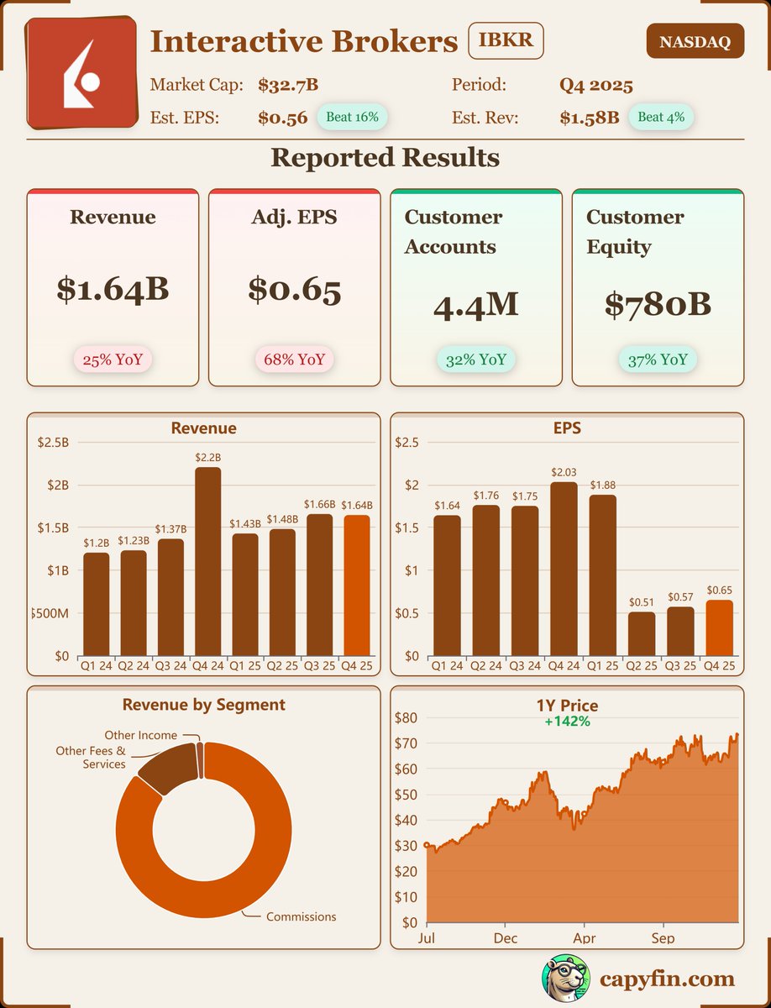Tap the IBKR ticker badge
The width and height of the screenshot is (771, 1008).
point(506,40)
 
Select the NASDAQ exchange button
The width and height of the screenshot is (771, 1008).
point(695,42)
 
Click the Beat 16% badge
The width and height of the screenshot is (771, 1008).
point(352,117)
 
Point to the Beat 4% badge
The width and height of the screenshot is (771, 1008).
point(661,117)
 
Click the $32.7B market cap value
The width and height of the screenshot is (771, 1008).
point(287,85)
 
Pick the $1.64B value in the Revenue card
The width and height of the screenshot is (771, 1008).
point(113,289)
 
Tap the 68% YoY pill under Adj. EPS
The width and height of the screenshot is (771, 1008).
point(294,360)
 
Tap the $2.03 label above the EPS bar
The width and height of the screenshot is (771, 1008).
point(564,474)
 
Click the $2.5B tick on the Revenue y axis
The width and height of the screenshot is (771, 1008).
point(53,442)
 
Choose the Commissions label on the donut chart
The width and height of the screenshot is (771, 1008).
point(301,916)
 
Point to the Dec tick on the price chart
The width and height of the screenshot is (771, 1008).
point(506,937)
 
